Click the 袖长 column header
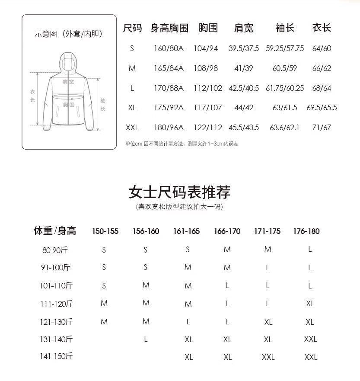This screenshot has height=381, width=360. [285, 28]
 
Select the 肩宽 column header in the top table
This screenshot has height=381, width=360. [243, 28]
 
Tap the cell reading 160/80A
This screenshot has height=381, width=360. [169, 48]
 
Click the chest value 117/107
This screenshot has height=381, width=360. [208, 108]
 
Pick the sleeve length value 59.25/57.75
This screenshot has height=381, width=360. [285, 48]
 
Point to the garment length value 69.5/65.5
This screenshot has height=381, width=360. [322, 108]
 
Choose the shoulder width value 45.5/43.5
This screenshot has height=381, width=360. [244, 128]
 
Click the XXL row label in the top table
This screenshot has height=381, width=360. [132, 128]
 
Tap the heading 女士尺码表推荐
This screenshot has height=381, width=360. [179, 192]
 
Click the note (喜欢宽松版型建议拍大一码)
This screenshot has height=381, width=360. [179, 207]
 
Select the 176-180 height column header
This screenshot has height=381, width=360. [306, 231]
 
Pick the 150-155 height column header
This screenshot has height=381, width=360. [105, 231]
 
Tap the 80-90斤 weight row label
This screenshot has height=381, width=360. [55, 250]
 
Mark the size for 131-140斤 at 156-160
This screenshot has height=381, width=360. [146, 339]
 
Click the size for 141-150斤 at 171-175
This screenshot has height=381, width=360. [268, 357]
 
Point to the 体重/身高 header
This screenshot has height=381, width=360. [55, 231]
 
